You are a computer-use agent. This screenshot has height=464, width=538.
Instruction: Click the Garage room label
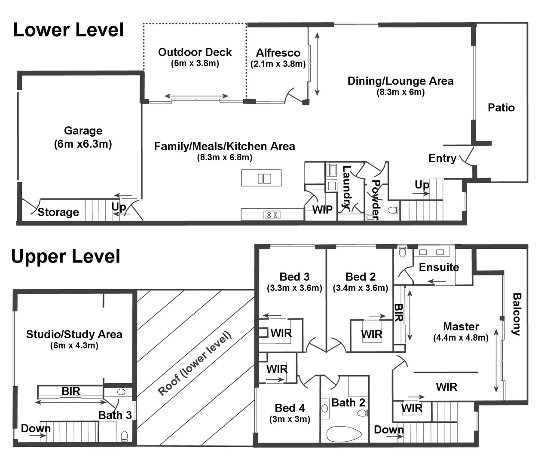[83, 131]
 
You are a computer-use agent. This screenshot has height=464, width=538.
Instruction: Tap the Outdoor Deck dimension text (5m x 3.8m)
[195, 64]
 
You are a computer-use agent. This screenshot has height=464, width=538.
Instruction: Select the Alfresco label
[278, 53]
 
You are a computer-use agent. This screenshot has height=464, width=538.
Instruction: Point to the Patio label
[501, 107]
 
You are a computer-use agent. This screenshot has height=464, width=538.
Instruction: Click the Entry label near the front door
[442, 158]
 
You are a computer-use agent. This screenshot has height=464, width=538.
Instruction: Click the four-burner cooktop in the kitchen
[272, 214]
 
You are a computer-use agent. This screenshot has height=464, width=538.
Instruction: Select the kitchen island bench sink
[264, 178]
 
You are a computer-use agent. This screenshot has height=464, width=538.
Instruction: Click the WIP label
[322, 210]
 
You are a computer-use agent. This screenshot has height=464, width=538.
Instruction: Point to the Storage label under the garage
[58, 212]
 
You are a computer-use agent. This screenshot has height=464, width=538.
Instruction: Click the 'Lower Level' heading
[68, 30]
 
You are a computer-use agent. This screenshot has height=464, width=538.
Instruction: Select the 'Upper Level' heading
[66, 256]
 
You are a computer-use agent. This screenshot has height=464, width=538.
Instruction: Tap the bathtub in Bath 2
[344, 434]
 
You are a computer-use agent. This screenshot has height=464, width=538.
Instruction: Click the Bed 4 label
[290, 408]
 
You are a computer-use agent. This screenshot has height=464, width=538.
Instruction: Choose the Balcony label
[517, 314]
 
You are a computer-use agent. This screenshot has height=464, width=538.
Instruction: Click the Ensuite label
[439, 267]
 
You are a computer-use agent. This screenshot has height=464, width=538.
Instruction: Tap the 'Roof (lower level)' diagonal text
[195, 363]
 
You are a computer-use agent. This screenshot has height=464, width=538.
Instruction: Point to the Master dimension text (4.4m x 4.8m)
[461, 338]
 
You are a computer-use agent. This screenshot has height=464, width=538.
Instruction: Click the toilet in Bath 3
[124, 436]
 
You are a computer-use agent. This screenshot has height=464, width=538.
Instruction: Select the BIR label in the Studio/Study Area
[71, 391]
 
